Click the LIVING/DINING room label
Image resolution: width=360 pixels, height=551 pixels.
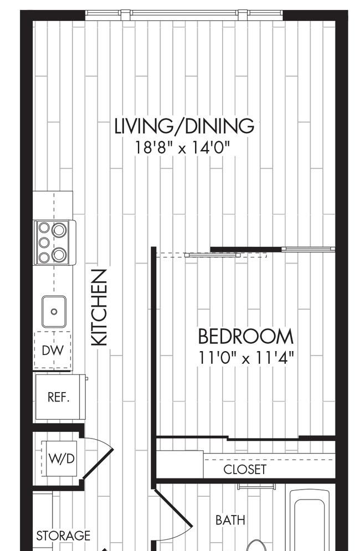point(184,126)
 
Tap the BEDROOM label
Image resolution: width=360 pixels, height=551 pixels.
point(246,336)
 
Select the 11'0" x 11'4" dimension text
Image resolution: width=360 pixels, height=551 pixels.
point(246,358)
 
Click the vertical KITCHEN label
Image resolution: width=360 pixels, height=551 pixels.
point(99,307)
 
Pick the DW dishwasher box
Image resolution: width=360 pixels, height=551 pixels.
point(53,351)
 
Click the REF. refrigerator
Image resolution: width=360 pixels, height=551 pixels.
point(60,397)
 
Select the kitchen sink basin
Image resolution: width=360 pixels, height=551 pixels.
point(54,311)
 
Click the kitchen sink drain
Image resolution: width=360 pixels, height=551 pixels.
point(54,311)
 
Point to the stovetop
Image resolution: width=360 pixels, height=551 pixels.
point(55,243)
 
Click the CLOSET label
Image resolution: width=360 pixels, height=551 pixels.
point(245,469)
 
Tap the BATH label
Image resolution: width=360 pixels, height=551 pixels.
point(230,520)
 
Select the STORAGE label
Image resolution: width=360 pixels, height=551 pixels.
point(63,535)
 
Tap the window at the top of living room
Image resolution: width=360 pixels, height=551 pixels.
point(184,14)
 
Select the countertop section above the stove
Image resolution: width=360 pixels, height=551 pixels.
point(53,205)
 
